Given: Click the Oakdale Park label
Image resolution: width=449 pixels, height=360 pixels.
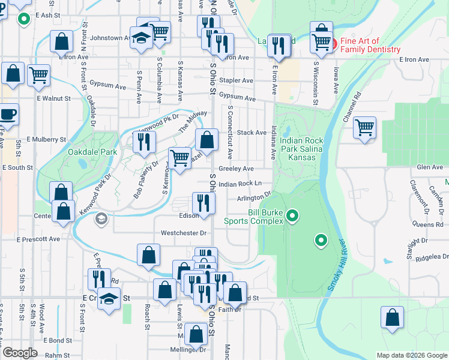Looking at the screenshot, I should click(x=92, y=152).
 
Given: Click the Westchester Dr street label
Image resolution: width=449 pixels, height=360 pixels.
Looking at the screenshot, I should click(x=183, y=233).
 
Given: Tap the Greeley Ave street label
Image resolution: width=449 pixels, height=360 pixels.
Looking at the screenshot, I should click(x=236, y=169).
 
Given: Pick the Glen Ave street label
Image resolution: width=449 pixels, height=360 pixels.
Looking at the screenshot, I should click(x=429, y=167).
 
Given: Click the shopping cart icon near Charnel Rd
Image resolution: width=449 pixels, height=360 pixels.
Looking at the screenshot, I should click(x=364, y=128).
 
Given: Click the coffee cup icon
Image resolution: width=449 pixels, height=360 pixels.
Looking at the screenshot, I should click(x=8, y=113).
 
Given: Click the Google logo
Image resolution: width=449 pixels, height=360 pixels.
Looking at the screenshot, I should click(x=20, y=353).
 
